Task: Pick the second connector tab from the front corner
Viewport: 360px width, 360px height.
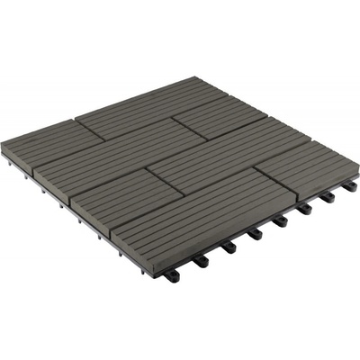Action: (200, 260)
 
